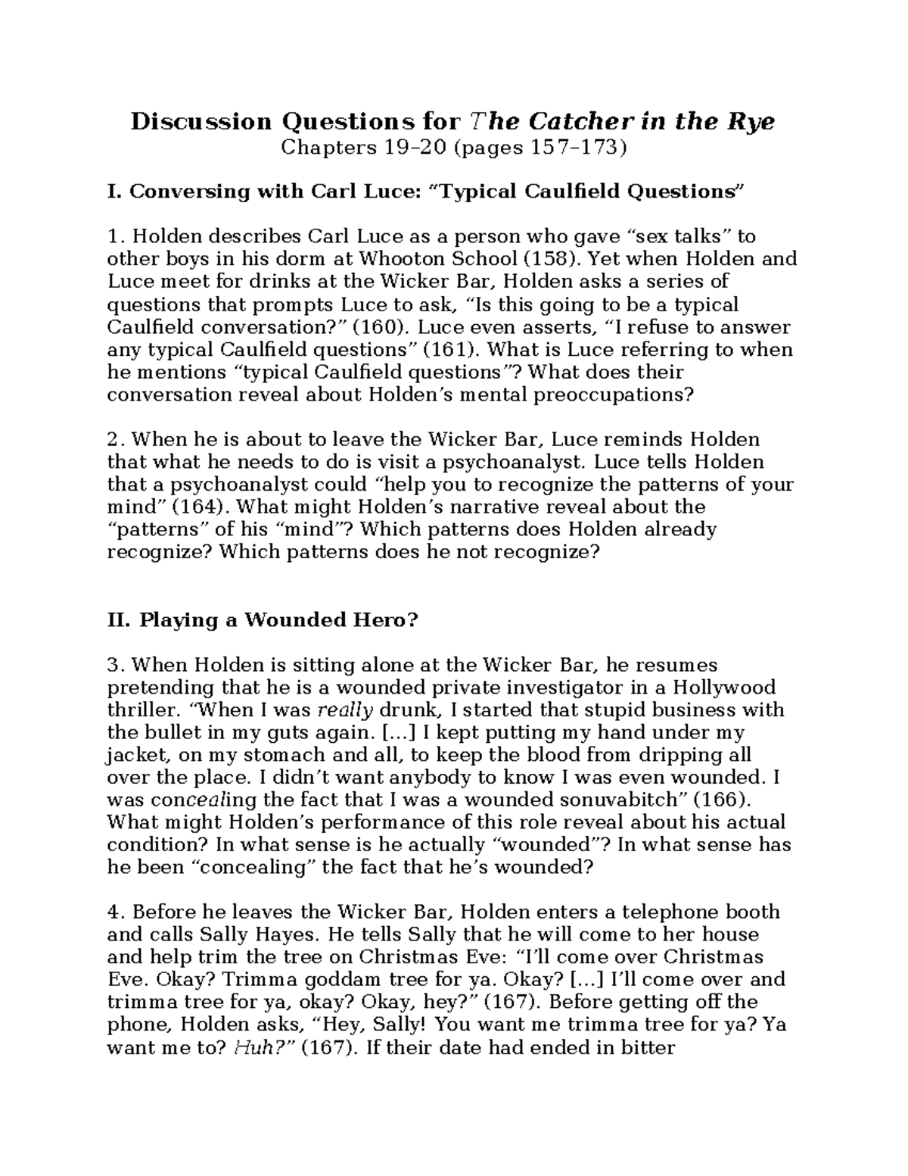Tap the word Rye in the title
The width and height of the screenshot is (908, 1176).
point(751,121)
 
